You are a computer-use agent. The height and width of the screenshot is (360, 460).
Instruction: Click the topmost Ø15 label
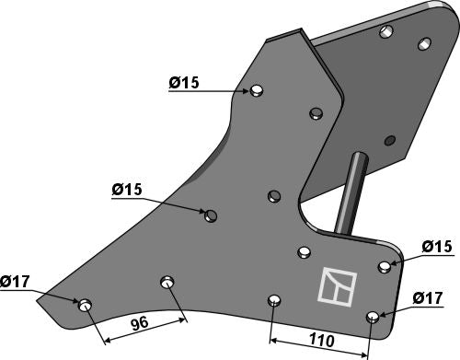click(184, 83)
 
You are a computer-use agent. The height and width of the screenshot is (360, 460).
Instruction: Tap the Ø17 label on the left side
click(15, 282)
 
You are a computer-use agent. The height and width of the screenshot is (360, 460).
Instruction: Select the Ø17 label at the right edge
click(428, 297)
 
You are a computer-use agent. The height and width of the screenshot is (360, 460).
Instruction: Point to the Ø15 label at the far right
click(437, 247)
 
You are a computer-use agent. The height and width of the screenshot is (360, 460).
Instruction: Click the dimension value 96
click(140, 323)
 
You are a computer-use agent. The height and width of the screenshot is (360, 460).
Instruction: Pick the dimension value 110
click(322, 340)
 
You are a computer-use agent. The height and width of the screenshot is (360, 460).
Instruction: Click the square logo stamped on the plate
click(338, 285)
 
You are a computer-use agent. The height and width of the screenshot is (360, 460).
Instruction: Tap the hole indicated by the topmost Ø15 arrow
click(256, 90)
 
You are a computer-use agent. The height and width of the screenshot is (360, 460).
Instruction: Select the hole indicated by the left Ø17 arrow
click(85, 305)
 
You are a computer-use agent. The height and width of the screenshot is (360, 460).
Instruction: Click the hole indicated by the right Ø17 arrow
click(373, 317)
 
